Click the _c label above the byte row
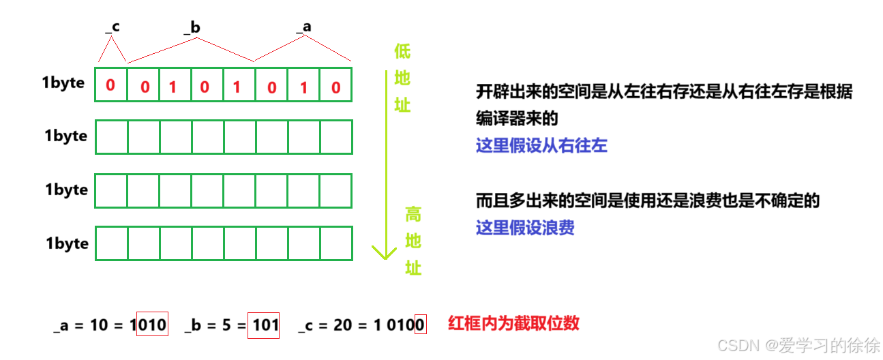(x=113, y=27)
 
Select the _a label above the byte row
(x=304, y=27)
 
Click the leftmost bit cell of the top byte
(x=111, y=85)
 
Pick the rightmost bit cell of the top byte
(x=335, y=85)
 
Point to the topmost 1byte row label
(x=63, y=83)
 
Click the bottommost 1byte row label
(x=67, y=243)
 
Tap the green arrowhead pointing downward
(x=384, y=252)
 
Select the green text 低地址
(x=402, y=78)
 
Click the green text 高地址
(x=413, y=241)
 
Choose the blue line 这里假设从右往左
(x=541, y=146)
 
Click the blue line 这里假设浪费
(x=525, y=228)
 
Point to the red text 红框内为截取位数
(x=513, y=323)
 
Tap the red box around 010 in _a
(x=152, y=325)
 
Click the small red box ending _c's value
(x=421, y=325)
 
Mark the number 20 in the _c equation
(x=343, y=325)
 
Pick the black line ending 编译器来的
(x=517, y=119)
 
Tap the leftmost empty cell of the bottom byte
(x=111, y=243)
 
